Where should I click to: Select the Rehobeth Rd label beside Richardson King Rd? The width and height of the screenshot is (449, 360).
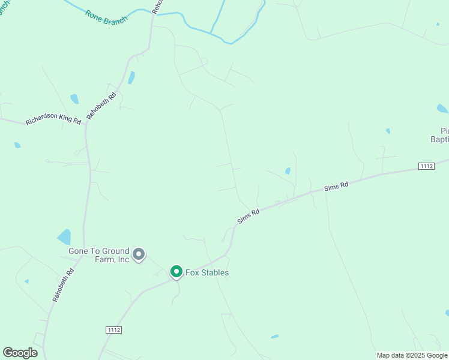pos(101,106)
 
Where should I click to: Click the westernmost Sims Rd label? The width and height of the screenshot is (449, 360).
pos(247,216)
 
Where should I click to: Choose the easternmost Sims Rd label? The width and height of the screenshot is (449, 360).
pos(336,187)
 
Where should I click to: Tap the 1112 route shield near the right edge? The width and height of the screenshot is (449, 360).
pos(426,166)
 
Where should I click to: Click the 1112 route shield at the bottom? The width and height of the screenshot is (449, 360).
pos(113,330)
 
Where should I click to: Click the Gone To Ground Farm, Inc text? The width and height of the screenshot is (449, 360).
pos(100,255)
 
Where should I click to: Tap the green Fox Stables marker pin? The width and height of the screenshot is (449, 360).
pos(176,272)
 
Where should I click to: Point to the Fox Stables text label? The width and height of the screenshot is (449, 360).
pos(207,272)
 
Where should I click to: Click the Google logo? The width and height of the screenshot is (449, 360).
pos(20,353)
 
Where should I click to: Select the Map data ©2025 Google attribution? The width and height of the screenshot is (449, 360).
pos(412,355)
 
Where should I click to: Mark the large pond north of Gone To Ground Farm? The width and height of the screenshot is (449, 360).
pos(64,237)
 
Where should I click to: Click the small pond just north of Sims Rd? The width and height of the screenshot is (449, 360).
pos(288,171)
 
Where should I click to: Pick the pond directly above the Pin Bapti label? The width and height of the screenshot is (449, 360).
pos(442,109)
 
